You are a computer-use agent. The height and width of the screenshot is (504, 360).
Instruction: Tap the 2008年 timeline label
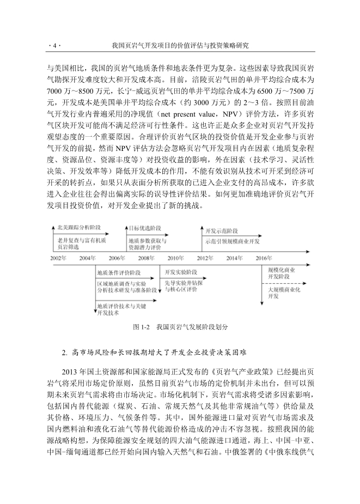click(x=146, y=258)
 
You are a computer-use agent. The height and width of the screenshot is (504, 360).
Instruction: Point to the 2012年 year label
click(x=205, y=258)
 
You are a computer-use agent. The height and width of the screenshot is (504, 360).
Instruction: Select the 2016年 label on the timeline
click(x=264, y=258)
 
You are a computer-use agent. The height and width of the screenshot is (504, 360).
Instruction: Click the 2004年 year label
click(x=87, y=258)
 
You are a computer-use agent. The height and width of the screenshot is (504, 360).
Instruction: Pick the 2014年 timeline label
click(x=234, y=258)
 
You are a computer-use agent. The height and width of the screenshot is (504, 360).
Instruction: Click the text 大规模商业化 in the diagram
click(x=285, y=290)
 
